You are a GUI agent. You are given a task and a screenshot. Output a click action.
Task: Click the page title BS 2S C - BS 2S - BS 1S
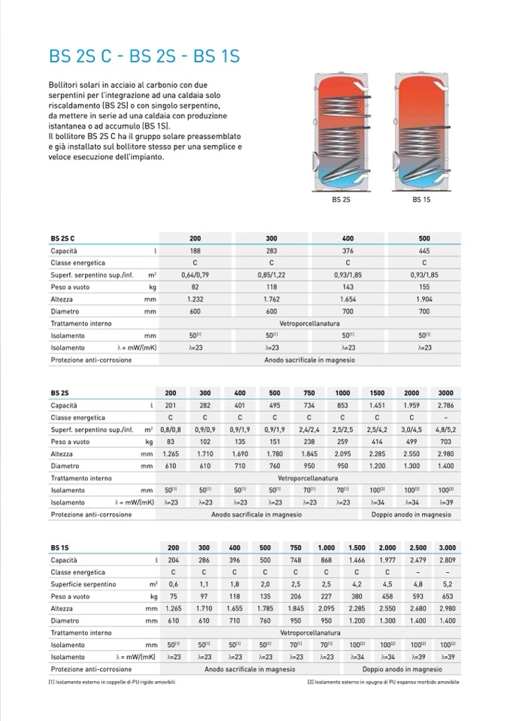pyautogui.click(x=144, y=56)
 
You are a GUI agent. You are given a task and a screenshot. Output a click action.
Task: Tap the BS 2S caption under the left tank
pyautogui.click(x=342, y=200)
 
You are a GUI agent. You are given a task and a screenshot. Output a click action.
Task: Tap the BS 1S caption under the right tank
pyautogui.click(x=420, y=200)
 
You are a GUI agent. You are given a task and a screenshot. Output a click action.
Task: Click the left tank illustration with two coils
pyautogui.click(x=342, y=132)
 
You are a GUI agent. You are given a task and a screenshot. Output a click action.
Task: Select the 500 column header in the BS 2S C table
pyautogui.click(x=424, y=238)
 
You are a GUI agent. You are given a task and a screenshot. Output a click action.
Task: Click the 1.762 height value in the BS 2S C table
pyautogui.click(x=272, y=299)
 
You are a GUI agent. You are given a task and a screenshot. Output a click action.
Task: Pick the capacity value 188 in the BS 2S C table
pyautogui.click(x=196, y=250)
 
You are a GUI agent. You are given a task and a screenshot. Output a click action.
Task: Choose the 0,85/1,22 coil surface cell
pyautogui.click(x=272, y=274)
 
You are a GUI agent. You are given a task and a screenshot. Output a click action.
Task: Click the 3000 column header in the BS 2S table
pyautogui.click(x=445, y=393)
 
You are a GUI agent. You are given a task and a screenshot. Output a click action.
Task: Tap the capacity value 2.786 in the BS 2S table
pyautogui.click(x=445, y=405)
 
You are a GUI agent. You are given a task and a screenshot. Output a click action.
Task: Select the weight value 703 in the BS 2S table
pyautogui.click(x=445, y=441)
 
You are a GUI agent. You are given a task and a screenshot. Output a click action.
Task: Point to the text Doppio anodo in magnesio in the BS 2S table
pyautogui.click(x=411, y=514)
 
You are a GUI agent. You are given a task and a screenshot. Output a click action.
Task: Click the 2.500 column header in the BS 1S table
pyautogui.click(x=417, y=548)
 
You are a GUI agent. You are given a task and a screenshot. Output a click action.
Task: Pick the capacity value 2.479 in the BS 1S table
pyautogui.click(x=417, y=560)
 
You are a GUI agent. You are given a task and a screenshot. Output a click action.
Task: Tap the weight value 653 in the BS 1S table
pyautogui.click(x=448, y=596)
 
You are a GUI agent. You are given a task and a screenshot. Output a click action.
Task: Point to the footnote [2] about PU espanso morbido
pyautogui.click(x=383, y=682)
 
